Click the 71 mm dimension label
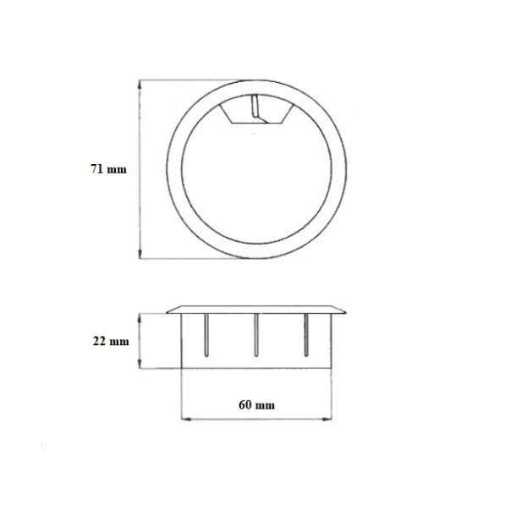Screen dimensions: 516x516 tap(108, 169)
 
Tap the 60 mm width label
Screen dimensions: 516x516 tap(258, 404)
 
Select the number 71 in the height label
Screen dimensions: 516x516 tap(98, 169)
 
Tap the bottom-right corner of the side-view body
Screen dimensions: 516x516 tap(331, 369)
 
